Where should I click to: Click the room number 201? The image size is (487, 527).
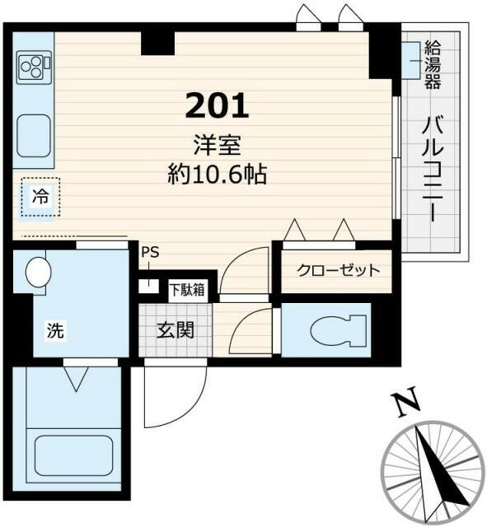tap(217, 105)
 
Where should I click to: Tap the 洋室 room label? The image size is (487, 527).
tap(217, 146)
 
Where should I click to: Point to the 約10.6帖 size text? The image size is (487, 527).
tap(217, 174)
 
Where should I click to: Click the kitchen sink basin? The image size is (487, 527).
tap(33, 132)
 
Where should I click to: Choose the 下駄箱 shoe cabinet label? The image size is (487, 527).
tap(188, 289)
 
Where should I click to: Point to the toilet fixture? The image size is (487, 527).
tap(338, 331)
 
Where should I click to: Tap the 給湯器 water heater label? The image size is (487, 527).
tap(433, 63)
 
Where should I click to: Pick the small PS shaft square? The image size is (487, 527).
tap(148, 286)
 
